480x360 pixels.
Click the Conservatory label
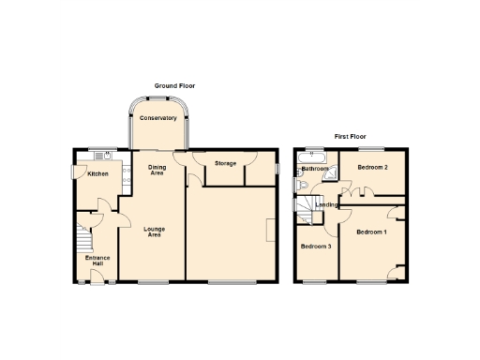click(x=158, y=118)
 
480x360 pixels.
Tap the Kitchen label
click(x=98, y=174)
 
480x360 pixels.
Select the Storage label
click(x=225, y=163)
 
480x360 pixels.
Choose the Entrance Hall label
click(x=97, y=261)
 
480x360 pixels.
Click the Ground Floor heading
click(x=174, y=86)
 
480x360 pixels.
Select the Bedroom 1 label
click(x=371, y=232)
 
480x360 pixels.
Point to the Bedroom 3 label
click(x=315, y=247)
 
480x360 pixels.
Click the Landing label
click(x=326, y=204)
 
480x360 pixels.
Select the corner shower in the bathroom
click(x=331, y=173)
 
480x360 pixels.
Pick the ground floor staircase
click(x=82, y=234)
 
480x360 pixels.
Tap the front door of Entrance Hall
click(x=97, y=277)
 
